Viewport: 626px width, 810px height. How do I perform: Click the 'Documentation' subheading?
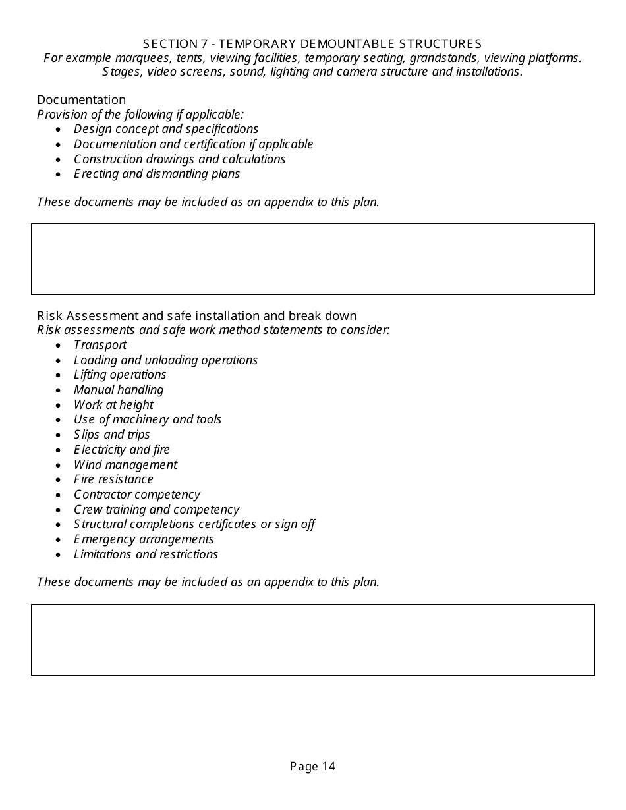click(x=81, y=100)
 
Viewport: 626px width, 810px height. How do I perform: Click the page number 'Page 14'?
click(x=312, y=766)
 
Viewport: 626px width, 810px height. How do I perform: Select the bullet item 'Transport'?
click(x=100, y=345)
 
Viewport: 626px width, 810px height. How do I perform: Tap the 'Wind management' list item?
click(x=125, y=465)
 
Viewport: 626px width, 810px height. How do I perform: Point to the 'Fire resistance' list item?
click(x=113, y=479)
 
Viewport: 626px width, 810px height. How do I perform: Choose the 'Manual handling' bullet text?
click(x=119, y=390)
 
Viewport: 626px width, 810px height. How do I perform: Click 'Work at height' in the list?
click(x=113, y=405)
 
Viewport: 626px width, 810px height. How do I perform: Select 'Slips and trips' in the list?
click(x=111, y=435)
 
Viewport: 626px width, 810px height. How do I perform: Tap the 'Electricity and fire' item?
click(x=121, y=450)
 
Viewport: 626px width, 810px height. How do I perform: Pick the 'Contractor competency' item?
click(x=136, y=495)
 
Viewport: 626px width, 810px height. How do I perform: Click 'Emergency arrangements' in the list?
click(x=144, y=539)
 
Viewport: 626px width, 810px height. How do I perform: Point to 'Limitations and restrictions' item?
click(x=146, y=554)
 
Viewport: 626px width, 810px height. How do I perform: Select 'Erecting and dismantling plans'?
click(x=157, y=174)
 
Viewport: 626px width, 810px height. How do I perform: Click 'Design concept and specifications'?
click(x=166, y=129)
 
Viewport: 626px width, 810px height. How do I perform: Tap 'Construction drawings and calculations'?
click(x=179, y=159)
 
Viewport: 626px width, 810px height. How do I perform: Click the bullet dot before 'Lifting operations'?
click(x=59, y=375)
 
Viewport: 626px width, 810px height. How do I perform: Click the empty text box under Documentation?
click(x=312, y=259)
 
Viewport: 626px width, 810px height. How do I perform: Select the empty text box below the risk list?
click(x=312, y=639)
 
